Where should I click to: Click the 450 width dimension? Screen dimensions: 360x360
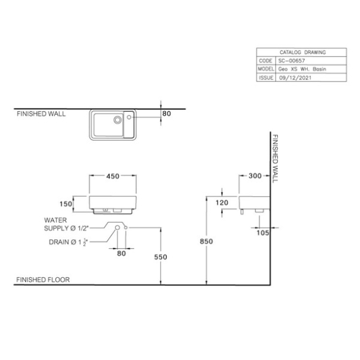[x=113, y=176]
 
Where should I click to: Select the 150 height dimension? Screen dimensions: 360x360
[x=66, y=204]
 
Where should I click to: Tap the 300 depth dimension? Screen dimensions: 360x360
[x=255, y=176]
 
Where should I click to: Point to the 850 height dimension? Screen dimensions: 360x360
[x=207, y=241]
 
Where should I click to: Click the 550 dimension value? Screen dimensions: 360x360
[x=161, y=257]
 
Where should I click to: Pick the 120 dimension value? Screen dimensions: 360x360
[x=222, y=203]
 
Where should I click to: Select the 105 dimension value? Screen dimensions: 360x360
[x=263, y=233]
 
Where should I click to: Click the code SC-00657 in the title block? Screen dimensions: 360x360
[x=291, y=61]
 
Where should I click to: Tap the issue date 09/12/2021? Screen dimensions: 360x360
[x=296, y=78]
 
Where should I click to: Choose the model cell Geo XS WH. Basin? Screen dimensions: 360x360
[x=302, y=69]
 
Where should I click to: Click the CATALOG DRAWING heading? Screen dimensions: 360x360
[x=302, y=52]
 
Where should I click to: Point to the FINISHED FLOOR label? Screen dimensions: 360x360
[x=43, y=280]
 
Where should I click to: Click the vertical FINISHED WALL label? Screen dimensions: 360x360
[x=275, y=158]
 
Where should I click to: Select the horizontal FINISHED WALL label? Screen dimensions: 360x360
[x=41, y=114]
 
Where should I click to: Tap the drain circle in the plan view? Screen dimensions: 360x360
[x=118, y=120]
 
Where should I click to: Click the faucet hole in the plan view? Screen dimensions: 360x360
[x=129, y=117]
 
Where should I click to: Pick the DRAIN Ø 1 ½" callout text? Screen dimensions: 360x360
[x=69, y=242]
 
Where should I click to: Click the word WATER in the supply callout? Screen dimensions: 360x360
[x=56, y=220]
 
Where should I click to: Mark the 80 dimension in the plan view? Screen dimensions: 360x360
[x=167, y=113]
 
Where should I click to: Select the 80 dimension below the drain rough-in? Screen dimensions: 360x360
[x=121, y=253]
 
